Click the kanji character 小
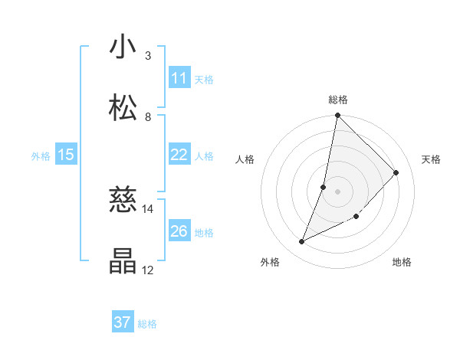coord(123,47)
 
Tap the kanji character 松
coord(123,107)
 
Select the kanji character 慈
coord(123,201)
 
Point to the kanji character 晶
coord(123,260)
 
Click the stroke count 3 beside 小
coord(148,56)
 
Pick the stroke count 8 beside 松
coord(148,116)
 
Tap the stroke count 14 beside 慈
coord(148,209)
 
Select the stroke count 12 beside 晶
coord(148,270)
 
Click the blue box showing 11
coord(179,78)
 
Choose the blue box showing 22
coord(179,155)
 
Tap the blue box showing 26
coord(179,231)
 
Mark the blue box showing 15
coord(66,155)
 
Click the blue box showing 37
coord(123,322)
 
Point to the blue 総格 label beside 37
coord(147,324)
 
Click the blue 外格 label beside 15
coord(41,156)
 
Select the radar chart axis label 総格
coord(338,100)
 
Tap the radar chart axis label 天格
coord(432,159)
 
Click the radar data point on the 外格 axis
coord(302,242)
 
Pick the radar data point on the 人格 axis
coord(324,187)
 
